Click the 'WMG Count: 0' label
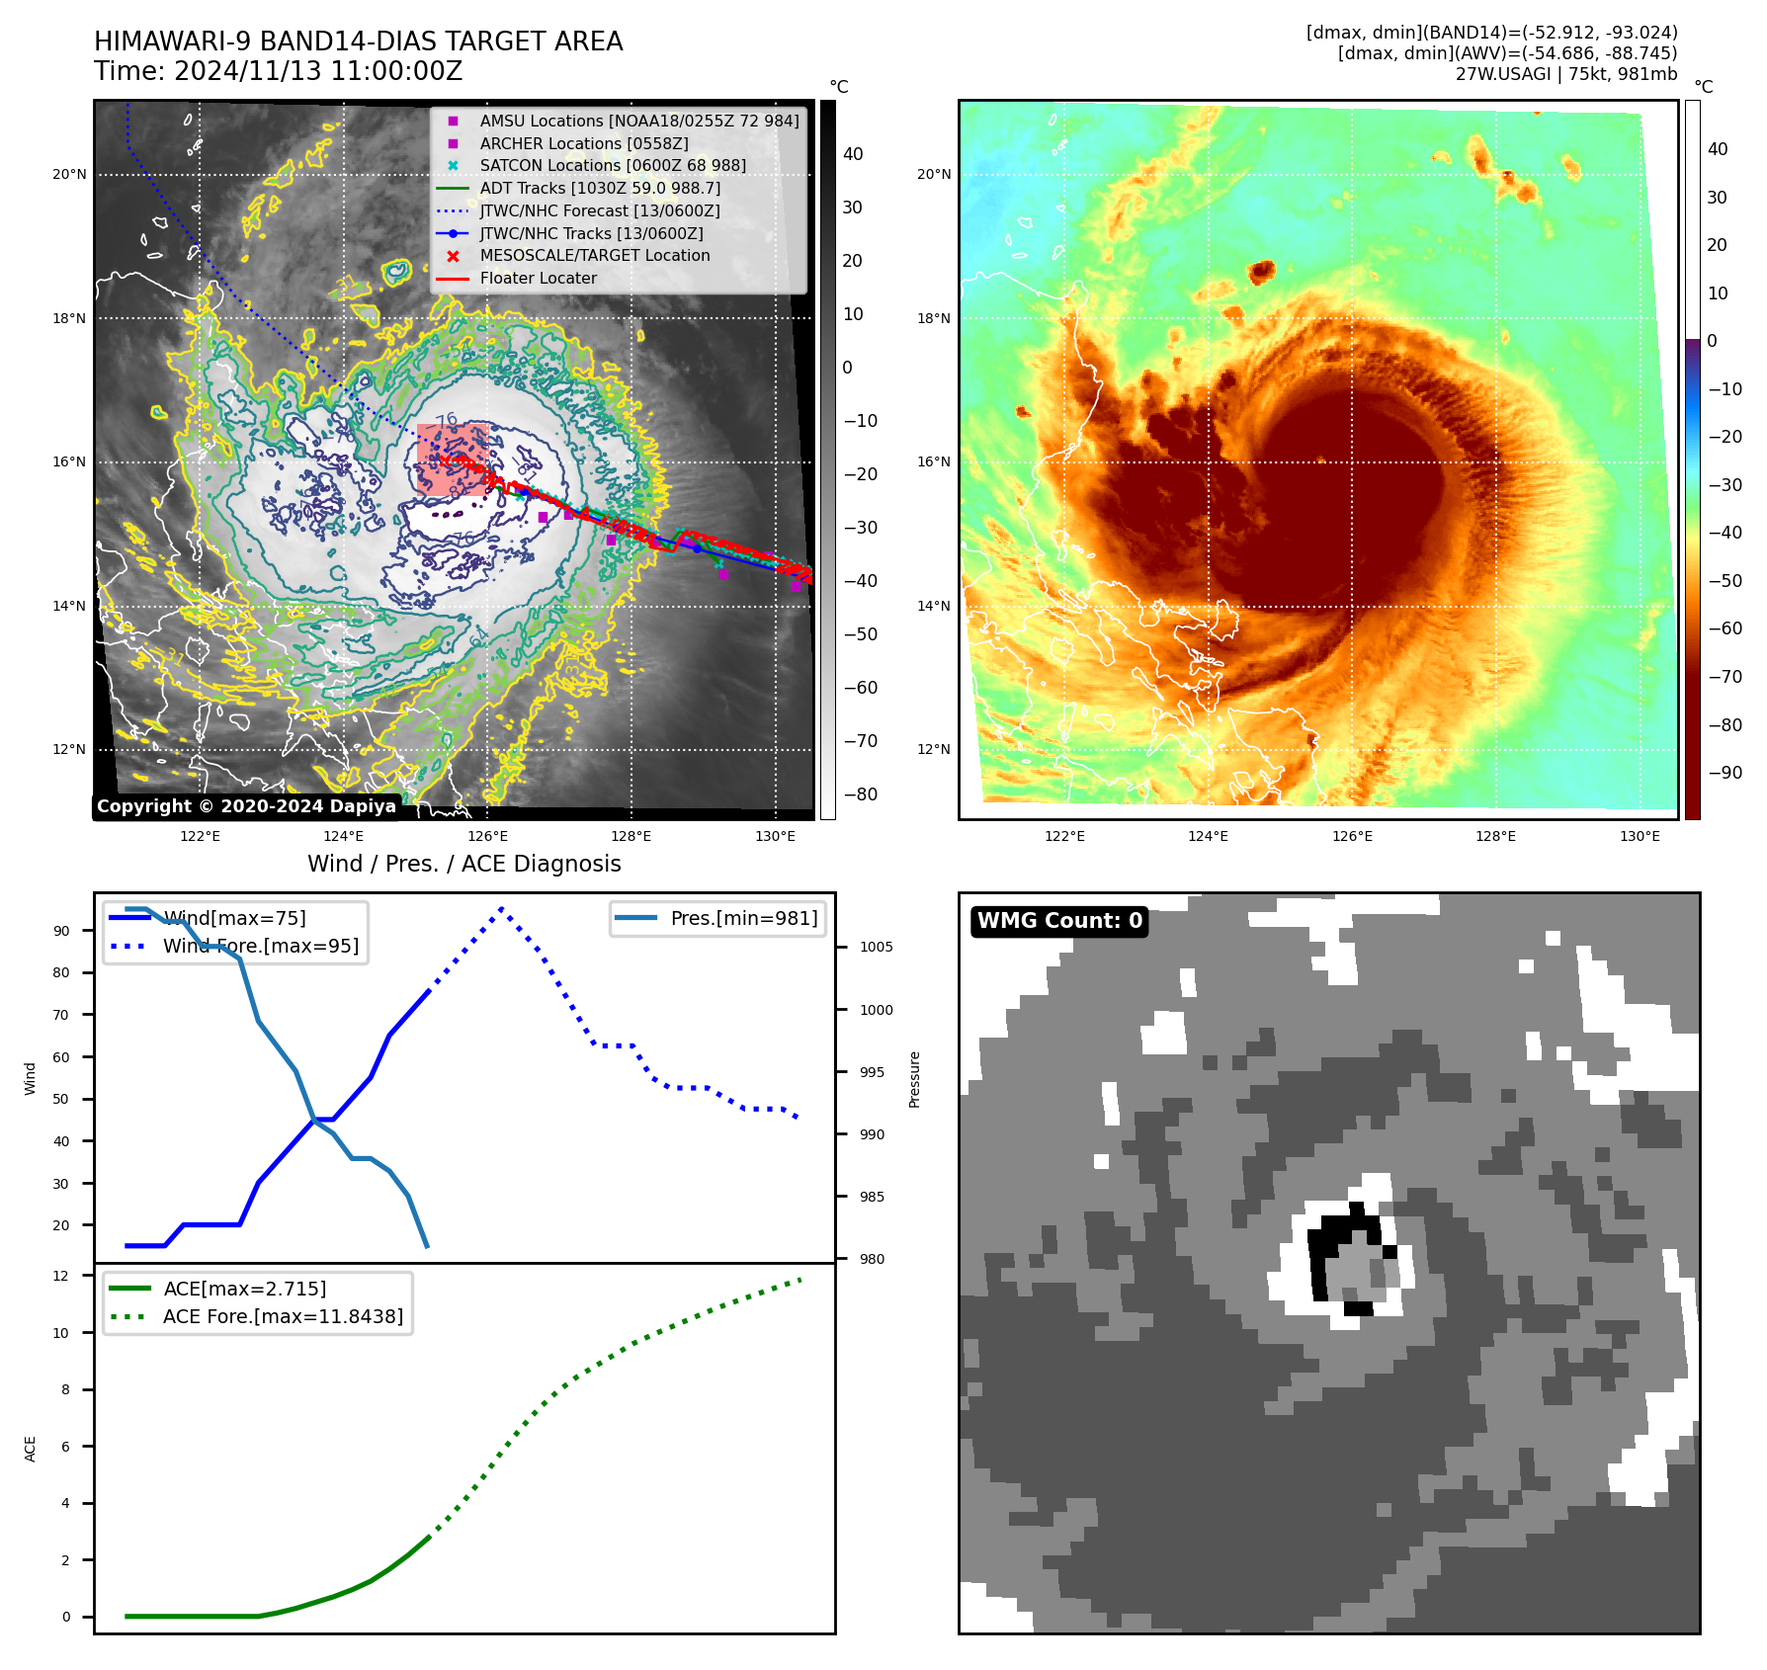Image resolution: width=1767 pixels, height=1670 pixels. tap(1059, 921)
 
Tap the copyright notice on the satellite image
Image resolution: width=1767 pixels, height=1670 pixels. tap(246, 806)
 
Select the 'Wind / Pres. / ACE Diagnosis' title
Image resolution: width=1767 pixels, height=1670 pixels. tap(463, 864)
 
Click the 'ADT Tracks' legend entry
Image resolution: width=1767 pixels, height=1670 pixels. tap(600, 188)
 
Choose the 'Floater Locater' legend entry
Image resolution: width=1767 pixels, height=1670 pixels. tap(538, 278)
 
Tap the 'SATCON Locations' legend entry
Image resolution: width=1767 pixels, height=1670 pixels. tap(613, 165)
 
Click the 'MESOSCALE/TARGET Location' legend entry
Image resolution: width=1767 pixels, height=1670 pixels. tap(595, 255)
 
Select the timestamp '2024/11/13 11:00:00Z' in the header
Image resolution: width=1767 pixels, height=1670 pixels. tap(318, 71)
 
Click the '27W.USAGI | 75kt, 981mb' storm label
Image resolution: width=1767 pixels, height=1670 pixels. tap(1565, 74)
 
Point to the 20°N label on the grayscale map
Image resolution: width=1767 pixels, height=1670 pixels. tap(69, 175)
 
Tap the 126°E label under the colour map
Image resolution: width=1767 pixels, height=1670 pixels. tap(1352, 836)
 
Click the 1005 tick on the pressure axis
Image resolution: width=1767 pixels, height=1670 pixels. tap(876, 947)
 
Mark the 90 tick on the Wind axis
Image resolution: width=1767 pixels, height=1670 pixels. tap(61, 931)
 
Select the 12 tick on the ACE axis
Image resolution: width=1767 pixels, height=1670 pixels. tap(61, 1276)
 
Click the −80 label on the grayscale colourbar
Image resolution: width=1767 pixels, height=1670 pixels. tap(860, 794)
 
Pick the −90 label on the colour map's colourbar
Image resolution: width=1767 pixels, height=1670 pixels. tap(1725, 773)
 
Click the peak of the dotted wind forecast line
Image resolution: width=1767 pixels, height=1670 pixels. tap(502, 908)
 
